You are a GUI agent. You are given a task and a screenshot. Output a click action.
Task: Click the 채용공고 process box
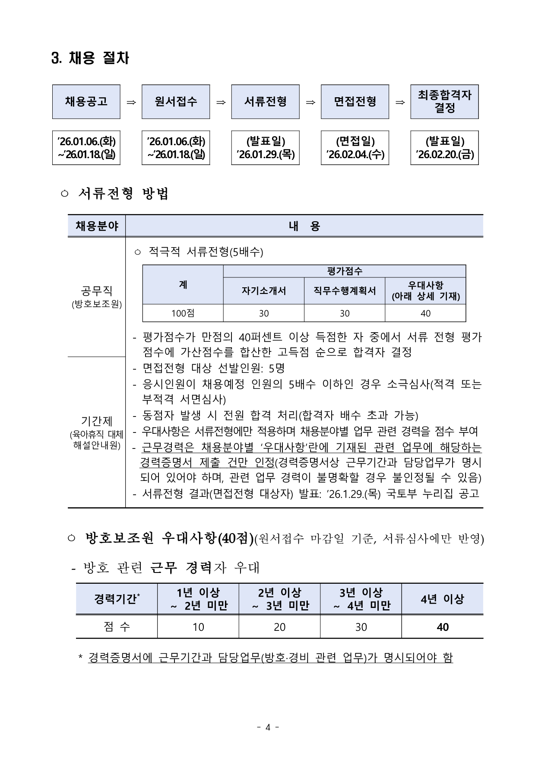tap(86, 102)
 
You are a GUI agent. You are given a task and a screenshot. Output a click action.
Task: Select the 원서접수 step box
tap(176, 102)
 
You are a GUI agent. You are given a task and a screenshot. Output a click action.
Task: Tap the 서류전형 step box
tap(265, 102)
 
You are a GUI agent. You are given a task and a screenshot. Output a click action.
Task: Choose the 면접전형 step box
tap(355, 102)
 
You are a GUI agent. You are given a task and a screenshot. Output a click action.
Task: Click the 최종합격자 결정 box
tap(444, 102)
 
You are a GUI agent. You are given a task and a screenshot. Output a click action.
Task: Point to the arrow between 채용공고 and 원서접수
tap(131, 102)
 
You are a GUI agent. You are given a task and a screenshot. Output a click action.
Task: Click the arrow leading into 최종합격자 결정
tap(400, 102)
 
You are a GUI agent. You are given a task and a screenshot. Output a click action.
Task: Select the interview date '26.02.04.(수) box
tap(355, 148)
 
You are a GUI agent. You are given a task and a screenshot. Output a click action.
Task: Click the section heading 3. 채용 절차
tap(90, 58)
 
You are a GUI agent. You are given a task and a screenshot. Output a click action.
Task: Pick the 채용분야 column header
tap(97, 226)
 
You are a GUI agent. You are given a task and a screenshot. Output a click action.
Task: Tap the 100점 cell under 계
tap(183, 313)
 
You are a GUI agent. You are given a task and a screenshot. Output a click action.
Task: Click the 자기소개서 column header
tap(263, 291)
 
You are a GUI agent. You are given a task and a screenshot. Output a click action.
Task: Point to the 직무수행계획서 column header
tap(345, 291)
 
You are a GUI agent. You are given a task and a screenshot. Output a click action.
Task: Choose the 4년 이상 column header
tap(442, 599)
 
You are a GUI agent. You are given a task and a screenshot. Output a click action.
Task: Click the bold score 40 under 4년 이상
tap(442, 627)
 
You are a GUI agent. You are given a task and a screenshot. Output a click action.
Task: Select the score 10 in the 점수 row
tap(198, 627)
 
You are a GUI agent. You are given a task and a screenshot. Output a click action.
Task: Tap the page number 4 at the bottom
tap(268, 728)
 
